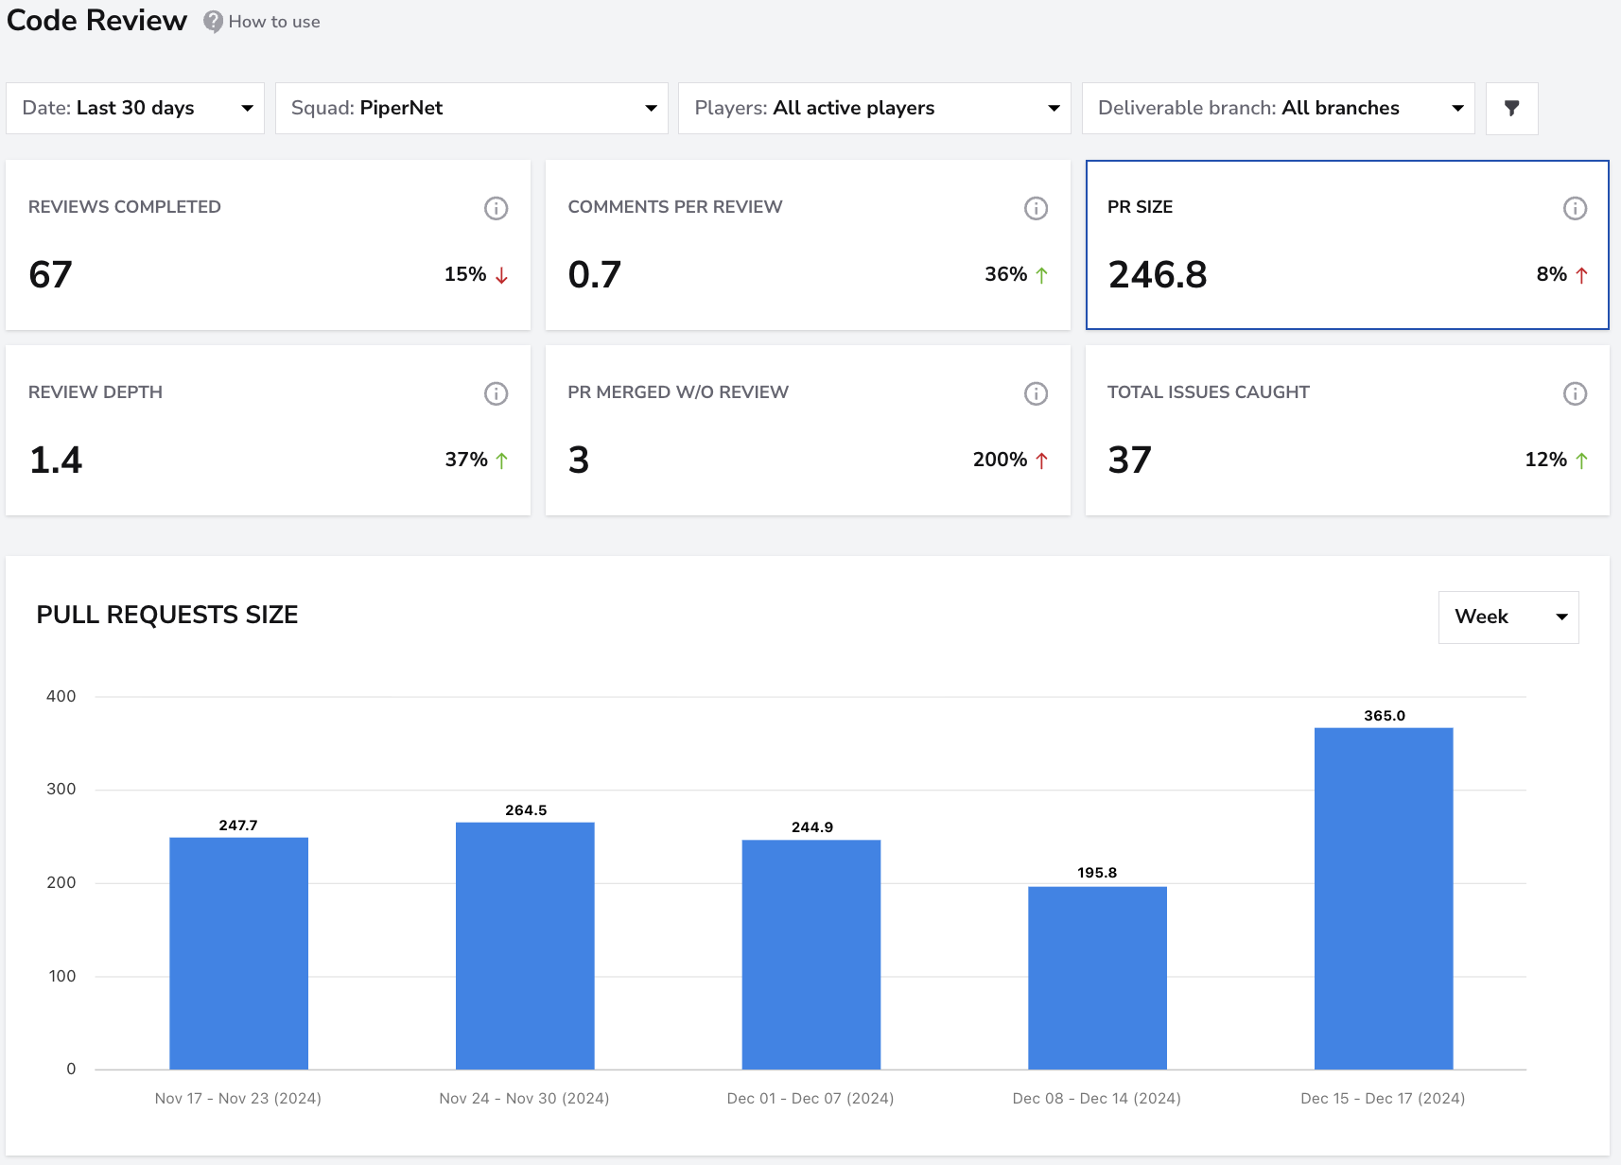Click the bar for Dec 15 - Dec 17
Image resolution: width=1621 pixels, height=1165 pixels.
[x=1383, y=898]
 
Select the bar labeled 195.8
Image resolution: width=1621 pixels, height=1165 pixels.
[x=1097, y=978]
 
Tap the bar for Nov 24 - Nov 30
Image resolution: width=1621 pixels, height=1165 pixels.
[x=525, y=946]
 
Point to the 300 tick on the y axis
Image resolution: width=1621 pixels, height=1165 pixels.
[x=61, y=789]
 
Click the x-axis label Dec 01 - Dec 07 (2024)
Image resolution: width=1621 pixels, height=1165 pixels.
[x=810, y=1098]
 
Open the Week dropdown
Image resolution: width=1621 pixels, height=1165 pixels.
[x=1508, y=617]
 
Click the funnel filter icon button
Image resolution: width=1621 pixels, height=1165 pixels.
[x=1511, y=109]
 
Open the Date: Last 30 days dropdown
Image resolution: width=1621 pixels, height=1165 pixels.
[x=135, y=109]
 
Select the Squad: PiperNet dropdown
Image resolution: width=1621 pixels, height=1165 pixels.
[x=471, y=109]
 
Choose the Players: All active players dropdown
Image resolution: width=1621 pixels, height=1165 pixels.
[x=874, y=109]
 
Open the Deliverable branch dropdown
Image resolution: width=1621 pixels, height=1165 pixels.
[x=1278, y=109]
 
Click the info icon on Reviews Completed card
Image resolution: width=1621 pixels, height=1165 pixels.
[x=496, y=208]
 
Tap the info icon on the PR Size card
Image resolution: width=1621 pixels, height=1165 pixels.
[x=1575, y=208]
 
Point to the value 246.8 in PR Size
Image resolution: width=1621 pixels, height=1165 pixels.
[x=1158, y=275]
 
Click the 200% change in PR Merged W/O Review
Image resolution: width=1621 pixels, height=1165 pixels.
[x=1000, y=460]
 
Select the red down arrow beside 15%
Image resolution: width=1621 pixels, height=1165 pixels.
[x=501, y=275]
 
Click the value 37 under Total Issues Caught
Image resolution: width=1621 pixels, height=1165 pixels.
[x=1129, y=461]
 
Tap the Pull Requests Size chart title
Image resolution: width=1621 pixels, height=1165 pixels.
[x=167, y=615]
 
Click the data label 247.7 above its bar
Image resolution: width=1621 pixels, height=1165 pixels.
[x=238, y=825]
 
